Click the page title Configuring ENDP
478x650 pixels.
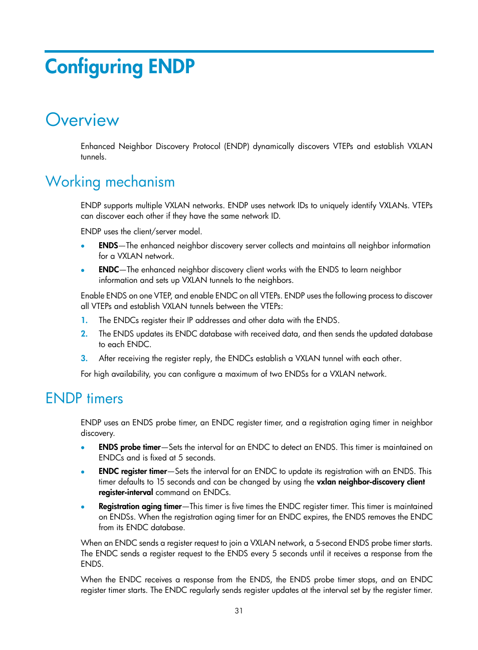120,67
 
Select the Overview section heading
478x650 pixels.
82,120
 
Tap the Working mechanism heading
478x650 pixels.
110,182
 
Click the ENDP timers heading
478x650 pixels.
84,398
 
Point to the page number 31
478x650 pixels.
238,610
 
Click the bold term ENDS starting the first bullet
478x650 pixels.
108,245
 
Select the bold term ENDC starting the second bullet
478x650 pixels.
108,269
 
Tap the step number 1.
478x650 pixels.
84,320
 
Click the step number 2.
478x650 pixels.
84,334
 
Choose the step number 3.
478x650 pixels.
84,358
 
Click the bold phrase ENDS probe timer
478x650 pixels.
129,447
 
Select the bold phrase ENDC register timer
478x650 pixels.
132,471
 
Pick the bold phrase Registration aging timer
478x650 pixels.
140,506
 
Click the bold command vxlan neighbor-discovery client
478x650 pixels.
370,481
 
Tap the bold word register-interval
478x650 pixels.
125,492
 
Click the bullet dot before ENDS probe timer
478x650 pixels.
83,447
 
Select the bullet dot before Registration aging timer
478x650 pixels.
83,507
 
